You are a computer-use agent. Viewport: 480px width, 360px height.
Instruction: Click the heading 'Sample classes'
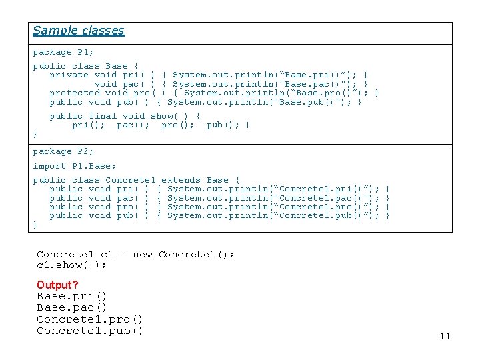click(78, 31)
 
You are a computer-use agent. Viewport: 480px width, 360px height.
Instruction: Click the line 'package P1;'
click(63, 52)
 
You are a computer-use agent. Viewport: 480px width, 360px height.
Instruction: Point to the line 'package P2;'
click(63, 152)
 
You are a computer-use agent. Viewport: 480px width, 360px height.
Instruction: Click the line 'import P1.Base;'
click(74, 166)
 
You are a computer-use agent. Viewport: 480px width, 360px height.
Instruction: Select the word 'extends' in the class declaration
click(181, 180)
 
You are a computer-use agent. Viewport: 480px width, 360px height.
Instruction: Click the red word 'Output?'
click(57, 285)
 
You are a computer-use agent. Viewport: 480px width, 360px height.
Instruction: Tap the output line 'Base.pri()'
click(71, 296)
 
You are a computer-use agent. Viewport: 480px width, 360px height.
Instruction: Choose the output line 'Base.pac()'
click(71, 307)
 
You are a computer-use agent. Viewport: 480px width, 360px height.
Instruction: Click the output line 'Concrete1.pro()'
click(89, 319)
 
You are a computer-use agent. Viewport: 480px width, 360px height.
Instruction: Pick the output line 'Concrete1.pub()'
click(89, 331)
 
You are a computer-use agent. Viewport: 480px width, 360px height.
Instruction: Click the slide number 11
click(445, 336)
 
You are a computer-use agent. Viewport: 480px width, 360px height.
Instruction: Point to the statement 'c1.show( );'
click(71, 265)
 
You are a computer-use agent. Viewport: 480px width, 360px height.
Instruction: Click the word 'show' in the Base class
click(164, 116)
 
